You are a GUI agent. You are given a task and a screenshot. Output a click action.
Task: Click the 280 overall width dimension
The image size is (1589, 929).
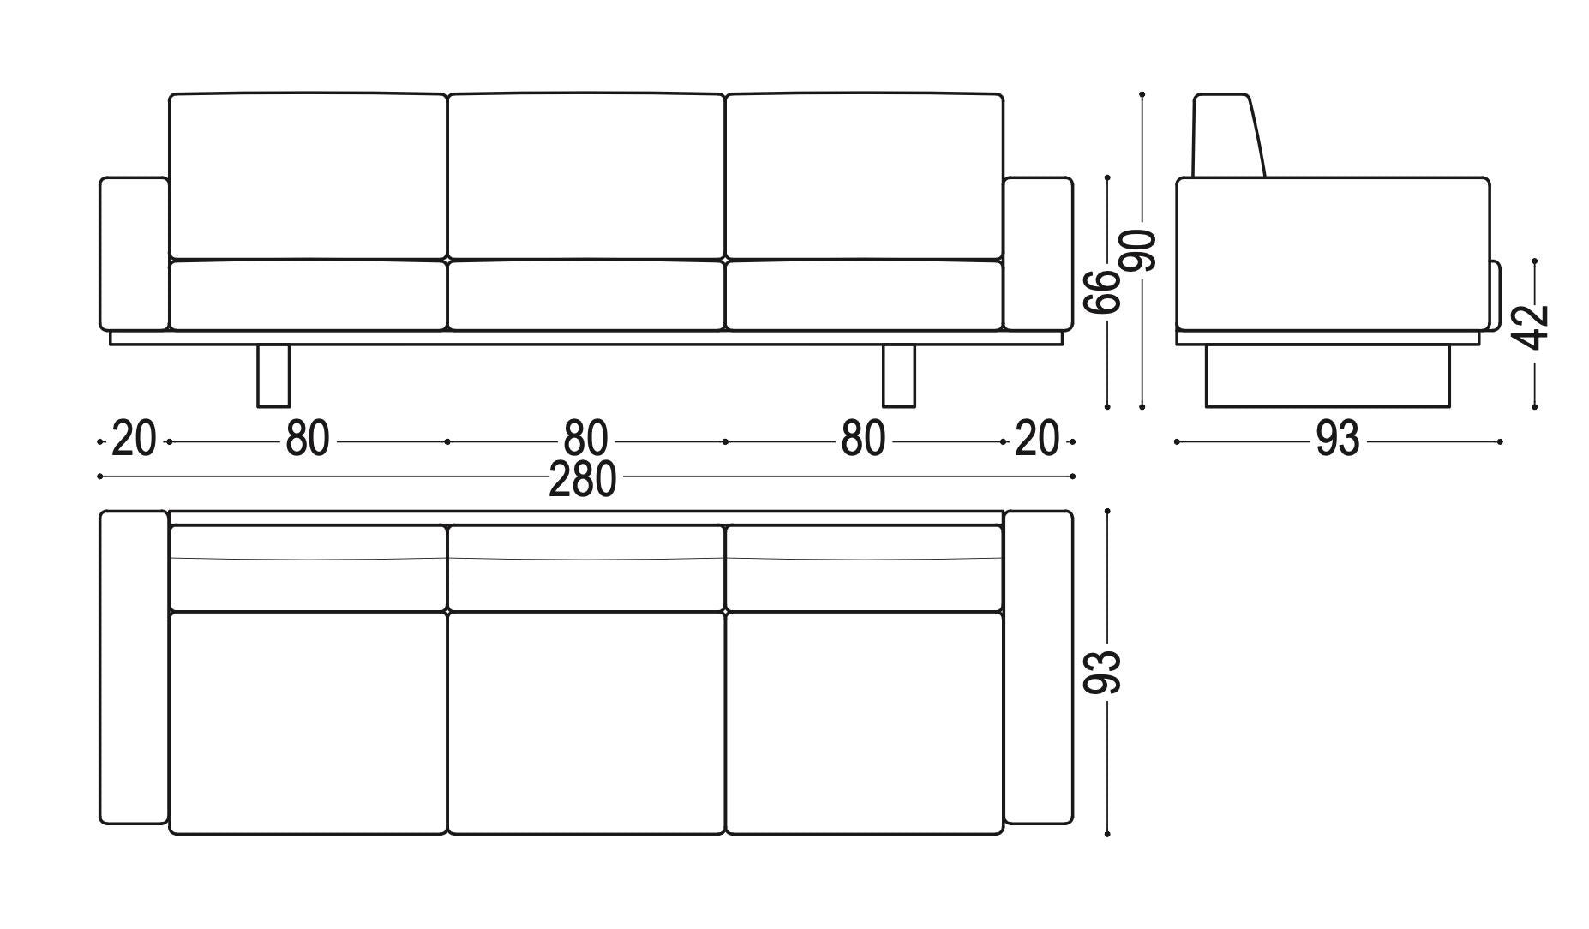582,479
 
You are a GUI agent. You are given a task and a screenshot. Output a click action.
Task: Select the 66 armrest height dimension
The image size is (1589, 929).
1102,291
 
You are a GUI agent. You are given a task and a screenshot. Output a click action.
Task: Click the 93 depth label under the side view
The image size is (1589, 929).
1337,439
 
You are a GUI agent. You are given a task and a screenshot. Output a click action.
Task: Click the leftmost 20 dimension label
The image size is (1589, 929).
135,439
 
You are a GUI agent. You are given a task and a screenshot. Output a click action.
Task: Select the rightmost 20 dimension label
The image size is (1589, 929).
1037,439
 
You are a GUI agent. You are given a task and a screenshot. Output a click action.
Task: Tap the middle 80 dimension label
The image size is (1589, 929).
585,439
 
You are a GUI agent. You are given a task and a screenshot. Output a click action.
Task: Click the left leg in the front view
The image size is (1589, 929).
273,375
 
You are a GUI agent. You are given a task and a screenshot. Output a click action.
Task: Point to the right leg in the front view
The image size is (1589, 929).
899,375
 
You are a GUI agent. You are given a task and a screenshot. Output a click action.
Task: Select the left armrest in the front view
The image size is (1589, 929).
135,254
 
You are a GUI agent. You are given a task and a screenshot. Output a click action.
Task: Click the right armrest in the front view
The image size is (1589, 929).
1038,254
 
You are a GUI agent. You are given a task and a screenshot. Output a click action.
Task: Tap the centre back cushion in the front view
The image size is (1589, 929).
586,176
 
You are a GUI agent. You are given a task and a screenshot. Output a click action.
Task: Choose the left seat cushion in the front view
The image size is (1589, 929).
308,295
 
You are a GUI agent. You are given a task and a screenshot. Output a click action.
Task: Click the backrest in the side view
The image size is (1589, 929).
1228,135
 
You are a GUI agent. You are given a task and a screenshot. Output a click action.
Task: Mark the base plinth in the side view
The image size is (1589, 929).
1328,375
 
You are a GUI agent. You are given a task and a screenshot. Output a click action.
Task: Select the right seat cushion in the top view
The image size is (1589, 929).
864,722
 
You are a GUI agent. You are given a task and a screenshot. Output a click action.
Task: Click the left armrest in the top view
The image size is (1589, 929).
135,668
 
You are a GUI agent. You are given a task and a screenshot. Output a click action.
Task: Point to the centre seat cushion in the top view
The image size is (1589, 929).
586,722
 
